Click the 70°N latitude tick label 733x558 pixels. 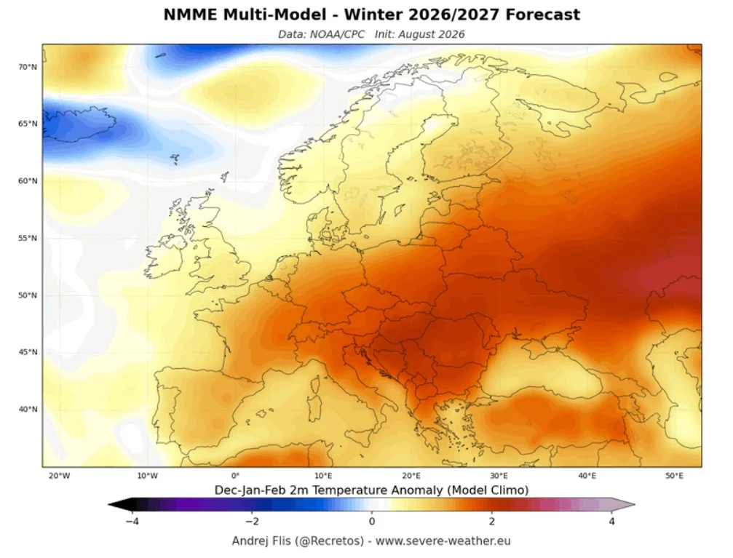(x=28, y=67)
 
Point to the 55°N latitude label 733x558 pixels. (x=28, y=239)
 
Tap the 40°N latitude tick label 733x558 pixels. (x=28, y=410)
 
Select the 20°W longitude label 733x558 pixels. (x=60, y=476)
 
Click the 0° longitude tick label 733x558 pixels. (x=236, y=476)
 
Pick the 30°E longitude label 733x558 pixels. (x=499, y=476)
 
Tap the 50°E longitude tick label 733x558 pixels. (x=675, y=476)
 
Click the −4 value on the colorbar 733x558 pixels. (x=132, y=521)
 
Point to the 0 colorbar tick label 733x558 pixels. (x=372, y=521)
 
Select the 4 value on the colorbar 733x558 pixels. (x=611, y=521)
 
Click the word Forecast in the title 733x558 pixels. (x=543, y=15)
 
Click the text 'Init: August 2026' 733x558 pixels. (x=420, y=35)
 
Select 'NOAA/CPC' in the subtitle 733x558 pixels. (x=337, y=35)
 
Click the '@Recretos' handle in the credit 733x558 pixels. (x=329, y=541)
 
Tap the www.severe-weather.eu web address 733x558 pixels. (x=443, y=541)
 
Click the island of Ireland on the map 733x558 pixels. (x=164, y=255)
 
